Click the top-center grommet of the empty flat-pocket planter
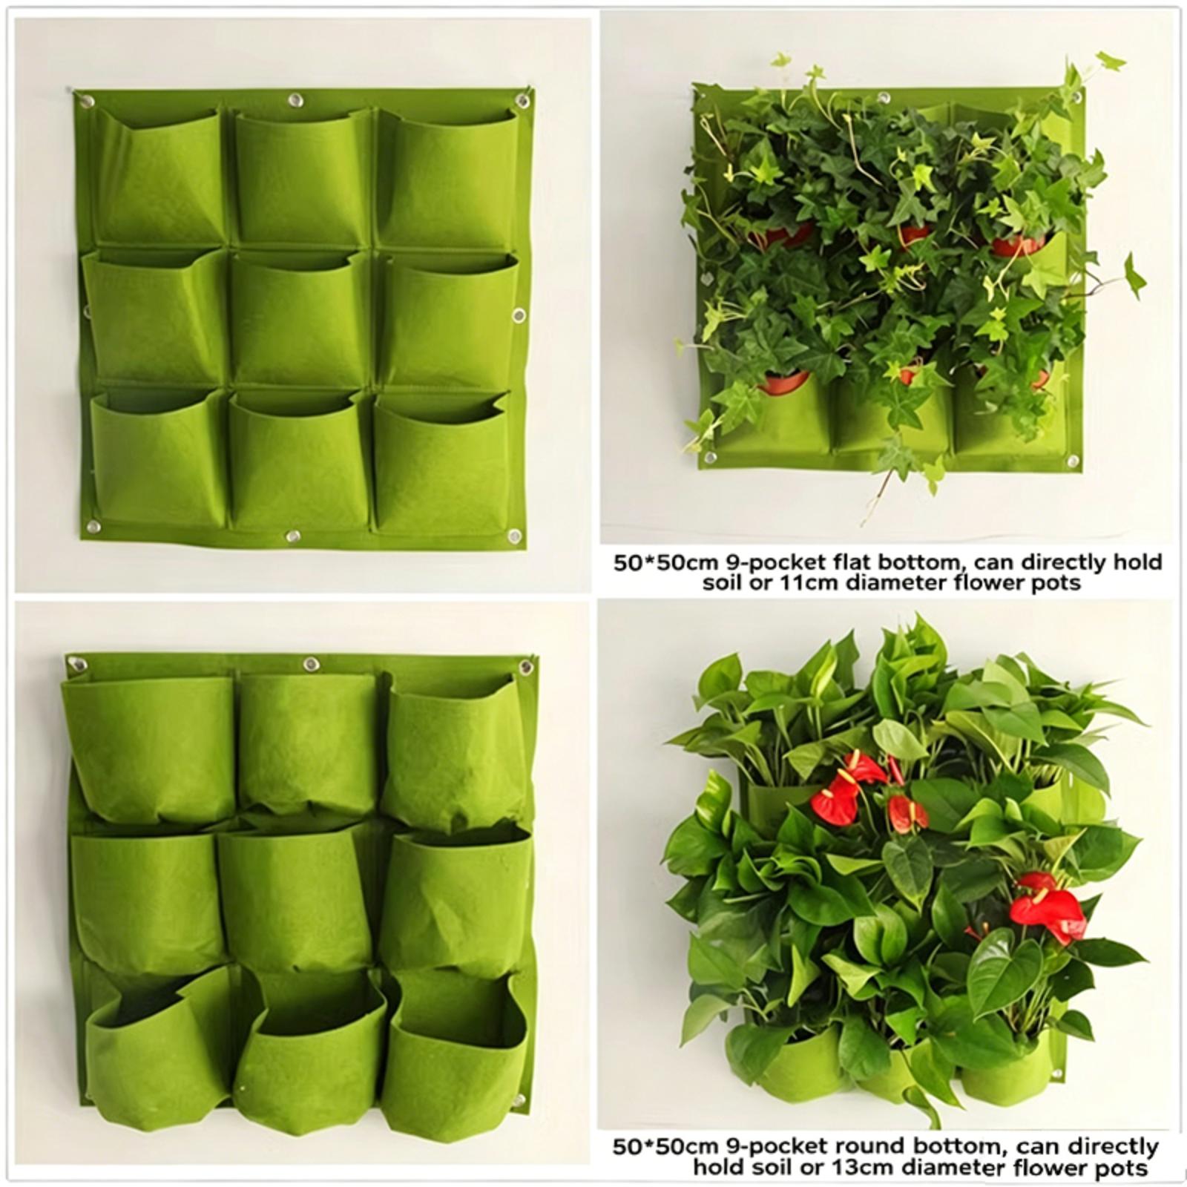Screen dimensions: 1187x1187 click(x=296, y=99)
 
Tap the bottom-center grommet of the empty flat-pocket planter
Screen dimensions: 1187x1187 click(x=292, y=535)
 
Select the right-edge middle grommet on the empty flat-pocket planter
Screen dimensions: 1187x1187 click(x=519, y=315)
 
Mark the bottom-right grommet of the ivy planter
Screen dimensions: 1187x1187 click(x=1072, y=461)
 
